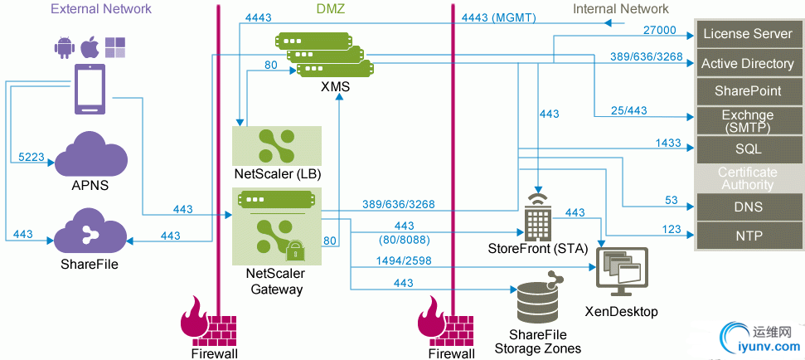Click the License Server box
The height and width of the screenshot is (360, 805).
click(748, 34)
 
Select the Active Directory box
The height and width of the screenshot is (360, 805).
click(748, 63)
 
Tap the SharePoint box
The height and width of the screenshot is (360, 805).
click(748, 90)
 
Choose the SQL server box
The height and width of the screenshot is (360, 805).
click(748, 149)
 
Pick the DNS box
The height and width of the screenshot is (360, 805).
click(748, 207)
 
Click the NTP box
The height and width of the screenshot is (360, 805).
click(748, 236)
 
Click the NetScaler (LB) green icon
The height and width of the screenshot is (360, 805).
click(277, 146)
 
